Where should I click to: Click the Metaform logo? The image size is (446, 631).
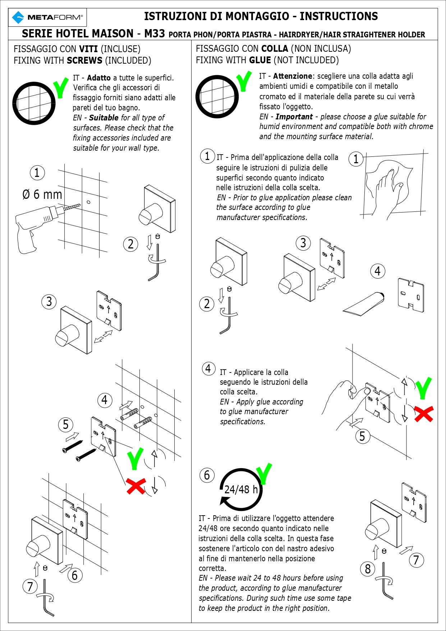[x=47, y=17]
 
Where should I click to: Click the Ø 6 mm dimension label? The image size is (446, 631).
[x=42, y=195]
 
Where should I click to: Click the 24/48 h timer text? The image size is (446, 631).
[x=241, y=489]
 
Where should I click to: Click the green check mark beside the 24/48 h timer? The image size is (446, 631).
[x=265, y=474]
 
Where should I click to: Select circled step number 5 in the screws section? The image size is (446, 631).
[x=65, y=425]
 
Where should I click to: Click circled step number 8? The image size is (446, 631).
[x=368, y=569]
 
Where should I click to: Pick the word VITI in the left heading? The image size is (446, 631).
[x=88, y=49]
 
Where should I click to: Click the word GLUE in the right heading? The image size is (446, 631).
[x=260, y=60]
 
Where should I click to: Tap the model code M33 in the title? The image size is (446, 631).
[x=155, y=34]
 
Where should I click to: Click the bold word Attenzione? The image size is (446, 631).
[x=293, y=76]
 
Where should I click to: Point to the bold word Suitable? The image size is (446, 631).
[x=104, y=118]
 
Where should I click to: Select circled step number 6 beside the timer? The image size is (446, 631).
[x=207, y=475]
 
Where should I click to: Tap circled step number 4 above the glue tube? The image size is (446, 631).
[x=377, y=271]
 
